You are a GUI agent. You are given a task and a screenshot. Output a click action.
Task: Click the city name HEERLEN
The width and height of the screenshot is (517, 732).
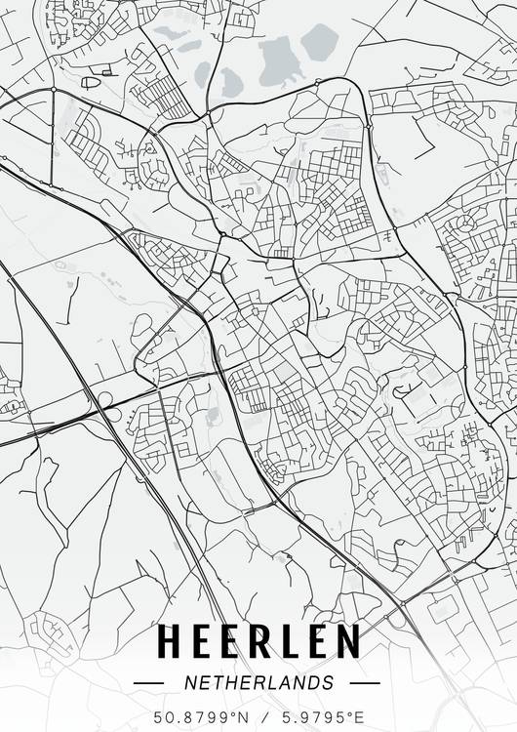(x=258, y=642)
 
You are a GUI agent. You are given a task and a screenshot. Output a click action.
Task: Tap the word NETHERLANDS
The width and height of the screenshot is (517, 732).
(x=258, y=682)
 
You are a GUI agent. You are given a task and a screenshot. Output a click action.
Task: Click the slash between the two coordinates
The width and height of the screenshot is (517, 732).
(x=258, y=717)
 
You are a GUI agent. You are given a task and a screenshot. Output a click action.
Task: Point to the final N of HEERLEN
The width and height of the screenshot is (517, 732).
(x=346, y=642)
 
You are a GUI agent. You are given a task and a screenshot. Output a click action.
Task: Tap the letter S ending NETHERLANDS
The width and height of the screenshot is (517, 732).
(x=327, y=682)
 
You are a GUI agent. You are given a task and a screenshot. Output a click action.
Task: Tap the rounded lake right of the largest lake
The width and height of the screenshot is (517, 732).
(x=318, y=41)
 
